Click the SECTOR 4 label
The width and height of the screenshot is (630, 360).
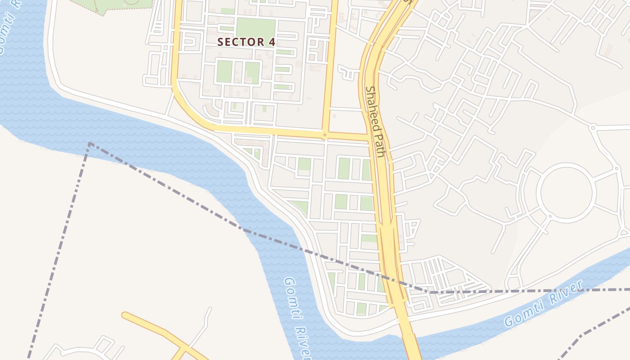(246, 42)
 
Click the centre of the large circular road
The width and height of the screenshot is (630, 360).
(568, 192)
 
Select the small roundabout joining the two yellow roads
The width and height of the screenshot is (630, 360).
(324, 134)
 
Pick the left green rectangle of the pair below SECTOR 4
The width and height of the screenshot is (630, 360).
(224, 72)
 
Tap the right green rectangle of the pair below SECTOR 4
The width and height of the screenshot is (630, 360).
(252, 72)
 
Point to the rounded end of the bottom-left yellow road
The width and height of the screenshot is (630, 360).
(125, 315)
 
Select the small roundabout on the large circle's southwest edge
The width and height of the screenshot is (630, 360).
(549, 216)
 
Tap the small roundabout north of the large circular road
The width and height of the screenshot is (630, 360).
(593, 128)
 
